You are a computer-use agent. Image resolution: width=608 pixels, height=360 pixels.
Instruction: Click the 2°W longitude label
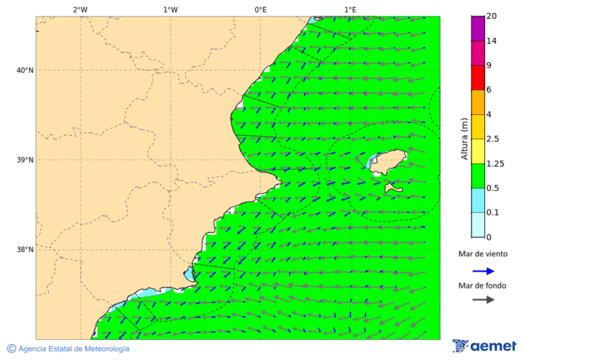[80, 9]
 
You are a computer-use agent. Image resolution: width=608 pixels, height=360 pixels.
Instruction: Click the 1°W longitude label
[170, 9]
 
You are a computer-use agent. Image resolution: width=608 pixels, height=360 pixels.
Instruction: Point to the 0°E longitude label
[260, 9]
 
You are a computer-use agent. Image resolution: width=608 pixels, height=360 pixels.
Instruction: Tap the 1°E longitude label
[350, 9]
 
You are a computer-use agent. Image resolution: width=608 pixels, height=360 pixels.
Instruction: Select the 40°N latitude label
[24, 70]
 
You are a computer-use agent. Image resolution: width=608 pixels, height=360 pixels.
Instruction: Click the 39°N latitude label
[24, 160]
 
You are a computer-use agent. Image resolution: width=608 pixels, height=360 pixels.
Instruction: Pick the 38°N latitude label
[24, 250]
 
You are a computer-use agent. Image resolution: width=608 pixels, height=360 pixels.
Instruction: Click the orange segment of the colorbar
[478, 102]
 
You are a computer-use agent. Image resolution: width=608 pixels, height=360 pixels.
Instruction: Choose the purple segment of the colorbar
[478, 28]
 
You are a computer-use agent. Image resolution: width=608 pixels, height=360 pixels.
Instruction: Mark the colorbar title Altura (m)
[464, 139]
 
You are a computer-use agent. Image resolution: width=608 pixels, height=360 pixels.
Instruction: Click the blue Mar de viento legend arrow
[483, 271]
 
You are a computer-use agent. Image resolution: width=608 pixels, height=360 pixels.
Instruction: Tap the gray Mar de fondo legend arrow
[483, 300]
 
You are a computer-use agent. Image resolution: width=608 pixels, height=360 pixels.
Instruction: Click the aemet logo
[484, 346]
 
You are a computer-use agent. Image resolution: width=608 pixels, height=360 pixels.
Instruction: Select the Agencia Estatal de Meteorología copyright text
[68, 349]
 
